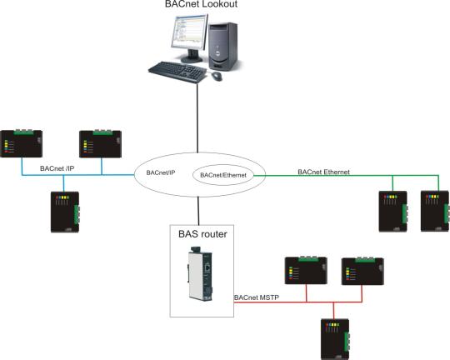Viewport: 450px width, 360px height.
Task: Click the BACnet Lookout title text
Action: [x=201, y=4]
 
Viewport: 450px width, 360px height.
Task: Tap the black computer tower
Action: [x=223, y=46]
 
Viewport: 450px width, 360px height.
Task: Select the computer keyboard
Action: [x=177, y=72]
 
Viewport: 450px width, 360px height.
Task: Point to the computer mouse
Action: [x=217, y=76]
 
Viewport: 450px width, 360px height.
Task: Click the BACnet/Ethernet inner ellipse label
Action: [x=223, y=175]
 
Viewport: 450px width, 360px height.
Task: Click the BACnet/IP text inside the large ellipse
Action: [x=161, y=172]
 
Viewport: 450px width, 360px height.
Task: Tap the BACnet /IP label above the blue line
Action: [x=57, y=168]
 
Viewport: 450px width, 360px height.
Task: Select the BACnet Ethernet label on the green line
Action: [x=323, y=172]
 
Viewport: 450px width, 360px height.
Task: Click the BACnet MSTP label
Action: [x=257, y=297]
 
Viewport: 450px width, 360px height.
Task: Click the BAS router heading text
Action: [x=202, y=234]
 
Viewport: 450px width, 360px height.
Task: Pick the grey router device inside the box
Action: [x=200, y=273]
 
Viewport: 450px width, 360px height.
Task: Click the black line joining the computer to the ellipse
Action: [x=197, y=118]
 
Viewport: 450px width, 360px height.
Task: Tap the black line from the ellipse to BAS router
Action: [x=198, y=211]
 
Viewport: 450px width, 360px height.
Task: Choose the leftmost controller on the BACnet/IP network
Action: [x=21, y=143]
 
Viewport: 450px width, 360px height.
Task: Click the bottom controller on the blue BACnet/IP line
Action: [x=65, y=212]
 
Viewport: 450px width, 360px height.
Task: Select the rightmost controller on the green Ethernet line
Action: [x=435, y=211]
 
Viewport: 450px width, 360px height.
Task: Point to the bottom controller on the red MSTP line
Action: [x=335, y=339]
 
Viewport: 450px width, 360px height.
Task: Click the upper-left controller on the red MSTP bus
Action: [x=306, y=271]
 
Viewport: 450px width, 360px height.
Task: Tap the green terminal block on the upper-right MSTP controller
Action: [x=365, y=260]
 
